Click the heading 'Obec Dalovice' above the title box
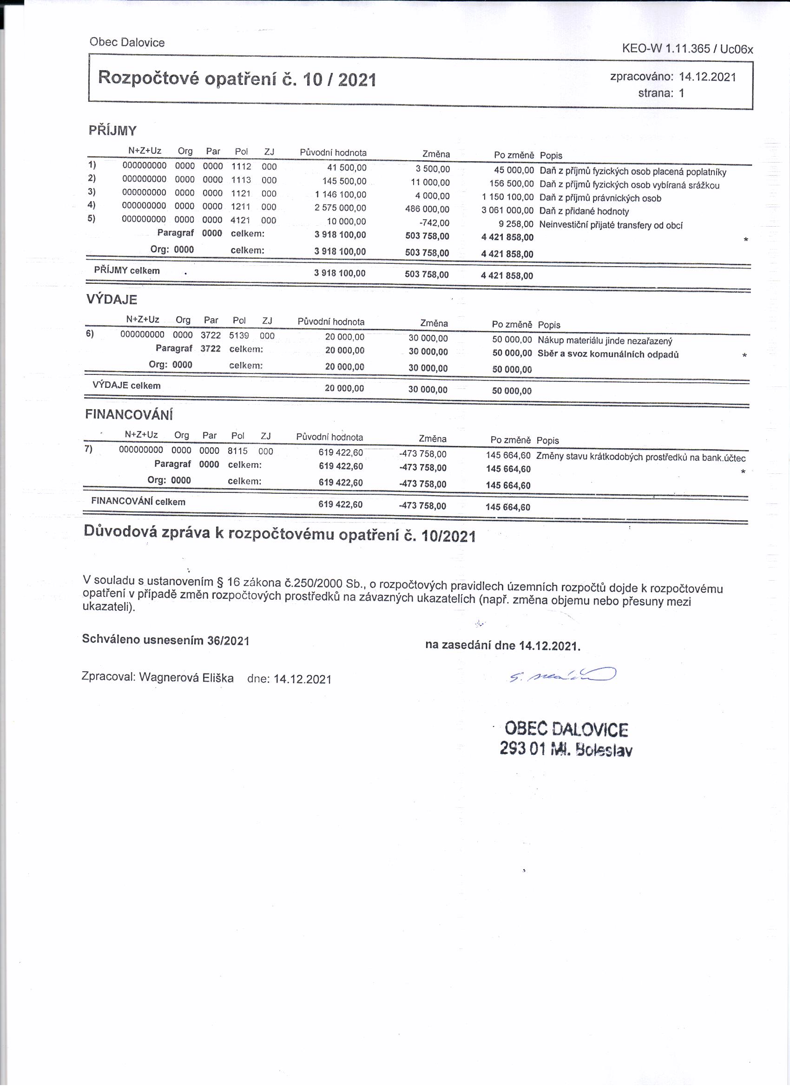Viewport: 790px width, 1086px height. [x=126, y=42]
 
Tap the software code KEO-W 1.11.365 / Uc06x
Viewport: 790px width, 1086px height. [x=687, y=48]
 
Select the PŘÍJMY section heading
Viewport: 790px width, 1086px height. [x=112, y=130]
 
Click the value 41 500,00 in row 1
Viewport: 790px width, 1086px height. [x=346, y=168]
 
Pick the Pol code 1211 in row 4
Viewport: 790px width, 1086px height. [x=241, y=206]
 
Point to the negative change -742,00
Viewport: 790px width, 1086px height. [x=434, y=222]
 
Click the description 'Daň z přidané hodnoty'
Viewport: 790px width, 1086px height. [x=584, y=211]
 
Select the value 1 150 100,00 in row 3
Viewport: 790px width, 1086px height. [x=507, y=197]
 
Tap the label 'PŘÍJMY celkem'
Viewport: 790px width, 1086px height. [x=126, y=270]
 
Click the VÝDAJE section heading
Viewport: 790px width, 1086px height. [x=112, y=299]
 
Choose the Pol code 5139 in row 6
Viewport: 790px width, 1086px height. [x=238, y=335]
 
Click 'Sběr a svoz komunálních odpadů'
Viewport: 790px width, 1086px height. [x=608, y=354]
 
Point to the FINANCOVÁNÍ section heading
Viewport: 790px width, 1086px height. [x=129, y=414]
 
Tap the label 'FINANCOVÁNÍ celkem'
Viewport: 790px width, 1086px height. [x=138, y=502]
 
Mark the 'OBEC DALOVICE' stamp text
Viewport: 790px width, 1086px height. [x=566, y=729]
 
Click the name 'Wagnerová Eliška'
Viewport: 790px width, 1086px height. [x=186, y=678]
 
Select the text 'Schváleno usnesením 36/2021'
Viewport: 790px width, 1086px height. [x=166, y=640]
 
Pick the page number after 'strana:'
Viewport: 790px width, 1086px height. [x=681, y=93]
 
